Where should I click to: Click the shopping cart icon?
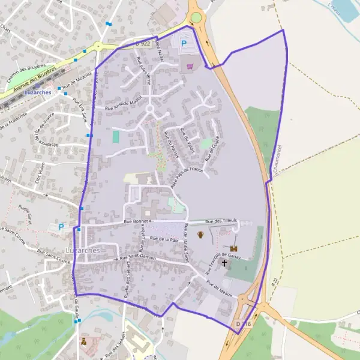[191, 67]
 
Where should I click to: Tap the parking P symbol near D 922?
[184, 44]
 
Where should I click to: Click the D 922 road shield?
[142, 43]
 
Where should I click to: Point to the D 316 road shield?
[242, 324]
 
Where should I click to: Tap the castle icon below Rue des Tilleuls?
[233, 248]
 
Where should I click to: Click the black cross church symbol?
[225, 262]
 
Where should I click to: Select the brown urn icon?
[200, 235]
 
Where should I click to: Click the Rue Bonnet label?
[136, 222]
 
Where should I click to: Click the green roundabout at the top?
[196, 18]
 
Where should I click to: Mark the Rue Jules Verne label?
[145, 69]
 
